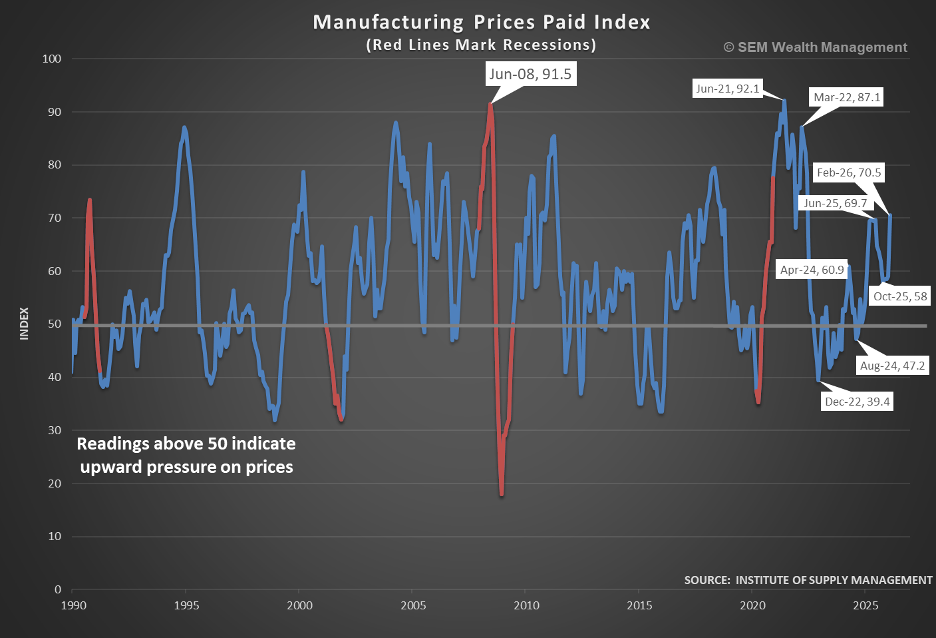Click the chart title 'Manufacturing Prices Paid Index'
pyautogui.click(x=481, y=22)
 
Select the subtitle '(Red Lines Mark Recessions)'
pyautogui.click(x=481, y=45)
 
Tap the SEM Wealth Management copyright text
pyautogui.click(x=815, y=47)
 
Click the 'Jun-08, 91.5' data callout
pyautogui.click(x=530, y=74)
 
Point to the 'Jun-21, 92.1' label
pyautogui.click(x=727, y=89)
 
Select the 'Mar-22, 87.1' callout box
pyautogui.click(x=847, y=97)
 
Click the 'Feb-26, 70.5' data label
pyautogui.click(x=849, y=172)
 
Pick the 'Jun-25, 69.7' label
pyautogui.click(x=835, y=203)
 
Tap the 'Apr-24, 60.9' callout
pyautogui.click(x=812, y=270)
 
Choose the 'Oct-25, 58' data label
pyautogui.click(x=900, y=296)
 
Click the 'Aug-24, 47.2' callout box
pyautogui.click(x=892, y=366)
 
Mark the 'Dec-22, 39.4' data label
pyautogui.click(x=857, y=402)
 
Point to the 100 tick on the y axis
pyautogui.click(x=51, y=59)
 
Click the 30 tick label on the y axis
pyautogui.click(x=54, y=430)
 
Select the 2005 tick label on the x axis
pyautogui.click(x=413, y=605)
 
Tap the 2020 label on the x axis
pyautogui.click(x=752, y=605)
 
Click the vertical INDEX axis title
pyautogui.click(x=25, y=324)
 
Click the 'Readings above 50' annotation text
pyautogui.click(x=186, y=455)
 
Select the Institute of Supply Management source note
pyautogui.click(x=808, y=580)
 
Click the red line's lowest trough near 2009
pyautogui.click(x=501, y=494)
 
